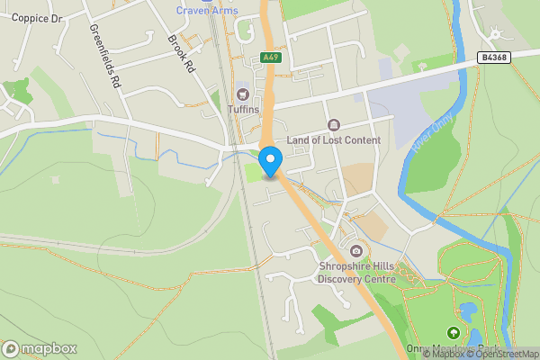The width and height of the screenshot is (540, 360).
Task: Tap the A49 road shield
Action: tap(269, 57)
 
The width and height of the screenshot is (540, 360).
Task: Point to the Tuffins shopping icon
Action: tap(241, 94)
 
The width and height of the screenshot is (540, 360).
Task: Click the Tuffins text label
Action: tap(243, 110)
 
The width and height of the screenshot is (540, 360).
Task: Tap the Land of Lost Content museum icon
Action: tap(334, 125)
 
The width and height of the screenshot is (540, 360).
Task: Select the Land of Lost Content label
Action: tap(334, 139)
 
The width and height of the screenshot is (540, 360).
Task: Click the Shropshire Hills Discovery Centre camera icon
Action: tap(356, 250)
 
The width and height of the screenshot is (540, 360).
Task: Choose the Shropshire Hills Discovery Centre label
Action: tap(356, 272)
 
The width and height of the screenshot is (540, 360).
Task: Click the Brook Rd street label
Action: tap(181, 53)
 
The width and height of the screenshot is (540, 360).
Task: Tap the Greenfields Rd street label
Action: tap(104, 55)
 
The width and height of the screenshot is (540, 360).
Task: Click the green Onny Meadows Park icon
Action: tap(453, 334)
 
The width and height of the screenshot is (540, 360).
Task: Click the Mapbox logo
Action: tap(40, 349)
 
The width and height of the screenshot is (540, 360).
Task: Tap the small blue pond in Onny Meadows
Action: tap(467, 313)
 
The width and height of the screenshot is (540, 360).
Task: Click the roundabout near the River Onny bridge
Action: tap(496, 34)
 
